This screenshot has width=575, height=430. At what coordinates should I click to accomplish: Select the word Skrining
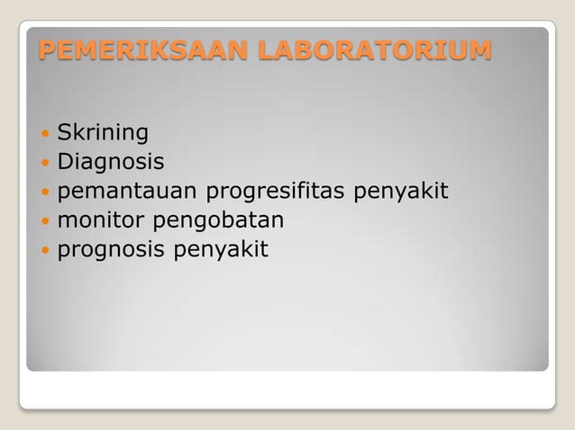[103, 134]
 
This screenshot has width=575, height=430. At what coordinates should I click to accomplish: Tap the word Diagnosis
[111, 163]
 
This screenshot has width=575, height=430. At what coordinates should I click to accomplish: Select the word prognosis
[111, 249]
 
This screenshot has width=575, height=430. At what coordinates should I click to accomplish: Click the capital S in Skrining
[64, 134]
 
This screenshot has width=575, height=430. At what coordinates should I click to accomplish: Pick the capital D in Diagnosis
[66, 163]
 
